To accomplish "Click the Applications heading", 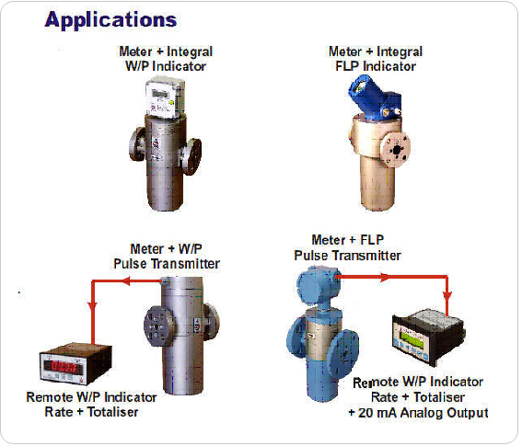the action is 110,20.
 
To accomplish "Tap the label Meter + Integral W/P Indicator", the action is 166,59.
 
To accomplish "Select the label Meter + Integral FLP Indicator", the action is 376,59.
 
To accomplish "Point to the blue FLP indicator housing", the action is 373,97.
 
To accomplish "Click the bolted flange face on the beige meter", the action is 397,149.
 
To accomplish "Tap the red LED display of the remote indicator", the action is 64,367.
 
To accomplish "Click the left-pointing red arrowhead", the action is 126,281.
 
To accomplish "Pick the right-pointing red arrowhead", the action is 385,277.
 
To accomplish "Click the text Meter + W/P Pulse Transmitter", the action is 167,256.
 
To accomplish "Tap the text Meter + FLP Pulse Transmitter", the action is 348,247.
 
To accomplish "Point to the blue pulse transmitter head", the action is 317,284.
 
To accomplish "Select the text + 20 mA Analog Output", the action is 418,413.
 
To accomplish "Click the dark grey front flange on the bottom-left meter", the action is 157,326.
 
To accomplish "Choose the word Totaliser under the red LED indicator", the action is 112,412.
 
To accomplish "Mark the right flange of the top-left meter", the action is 191,155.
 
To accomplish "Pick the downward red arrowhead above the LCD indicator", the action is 447,295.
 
